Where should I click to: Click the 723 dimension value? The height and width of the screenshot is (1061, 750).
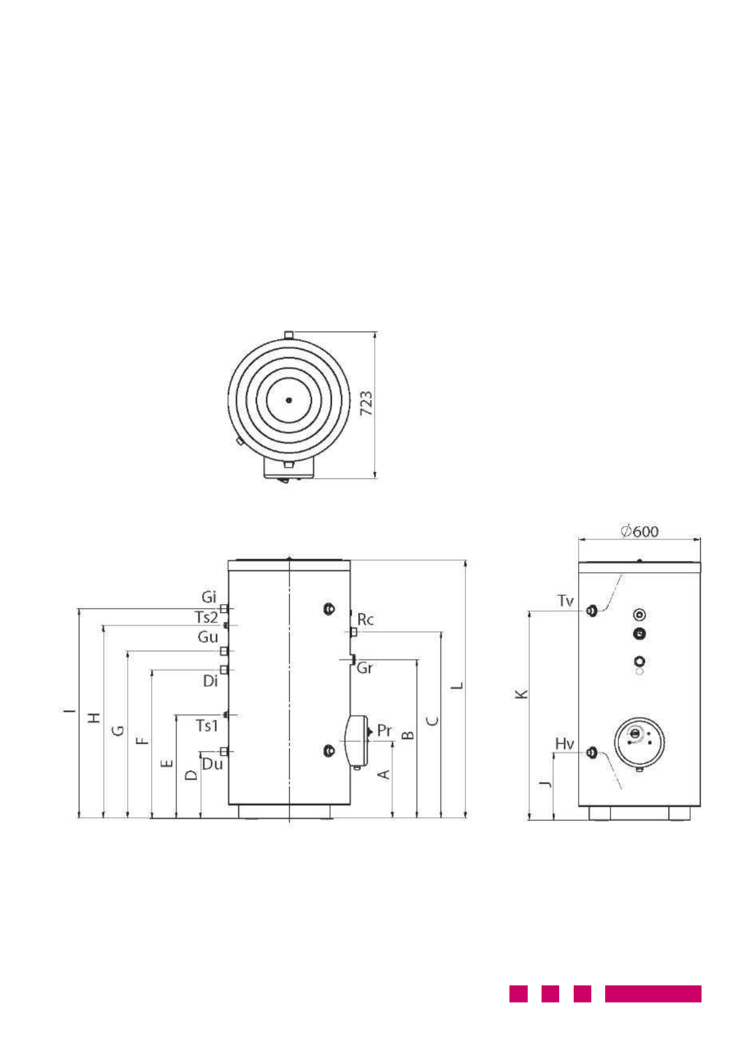[x=366, y=403]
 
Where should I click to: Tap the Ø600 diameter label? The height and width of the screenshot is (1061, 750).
[x=639, y=531]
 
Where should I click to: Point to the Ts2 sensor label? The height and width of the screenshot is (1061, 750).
[x=207, y=617]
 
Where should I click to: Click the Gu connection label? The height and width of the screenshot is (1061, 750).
[x=208, y=636]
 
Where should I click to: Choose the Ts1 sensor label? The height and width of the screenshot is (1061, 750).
[x=207, y=725]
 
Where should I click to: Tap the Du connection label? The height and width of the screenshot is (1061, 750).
[x=212, y=764]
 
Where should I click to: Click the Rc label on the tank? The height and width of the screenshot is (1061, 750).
[x=365, y=619]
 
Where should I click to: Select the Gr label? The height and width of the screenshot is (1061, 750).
[x=365, y=668]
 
